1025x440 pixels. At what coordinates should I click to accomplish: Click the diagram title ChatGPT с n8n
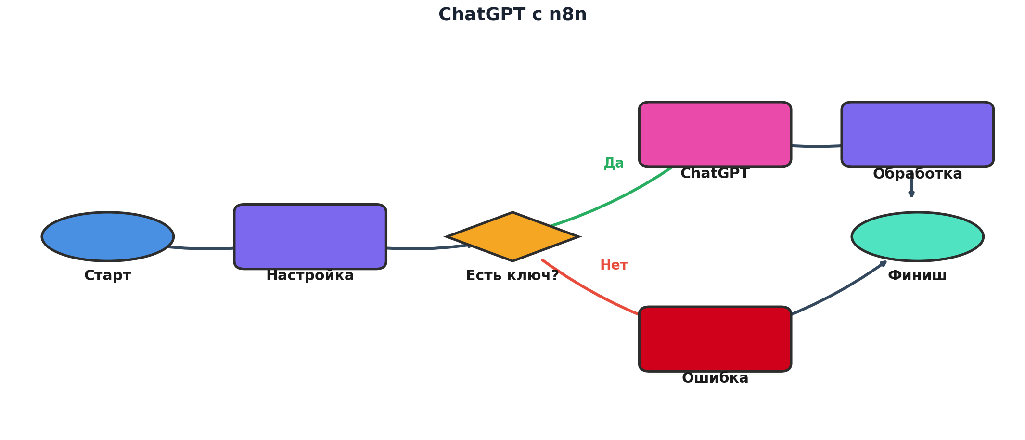pyautogui.click(x=512, y=14)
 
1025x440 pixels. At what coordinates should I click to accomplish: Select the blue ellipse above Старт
pyautogui.click(x=108, y=236)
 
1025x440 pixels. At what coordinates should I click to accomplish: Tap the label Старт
pyautogui.click(x=108, y=276)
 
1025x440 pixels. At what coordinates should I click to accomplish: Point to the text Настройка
pyautogui.click(x=310, y=276)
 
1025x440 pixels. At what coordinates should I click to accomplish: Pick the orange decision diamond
pyautogui.click(x=512, y=236)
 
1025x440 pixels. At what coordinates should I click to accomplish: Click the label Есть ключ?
pyautogui.click(x=512, y=276)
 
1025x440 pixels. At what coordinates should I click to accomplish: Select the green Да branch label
pyautogui.click(x=614, y=163)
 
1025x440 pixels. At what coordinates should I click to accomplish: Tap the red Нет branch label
pyautogui.click(x=614, y=265)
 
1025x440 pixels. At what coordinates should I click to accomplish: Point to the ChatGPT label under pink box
pyautogui.click(x=715, y=174)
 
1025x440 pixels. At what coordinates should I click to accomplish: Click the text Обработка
pyautogui.click(x=917, y=174)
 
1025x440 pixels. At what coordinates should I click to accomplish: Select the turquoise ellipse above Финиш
pyautogui.click(x=917, y=236)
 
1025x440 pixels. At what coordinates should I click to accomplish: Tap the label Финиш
pyautogui.click(x=917, y=276)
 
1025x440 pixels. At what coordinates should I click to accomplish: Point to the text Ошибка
pyautogui.click(x=715, y=378)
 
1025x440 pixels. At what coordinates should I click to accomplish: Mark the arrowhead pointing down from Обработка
pyautogui.click(x=911, y=194)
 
